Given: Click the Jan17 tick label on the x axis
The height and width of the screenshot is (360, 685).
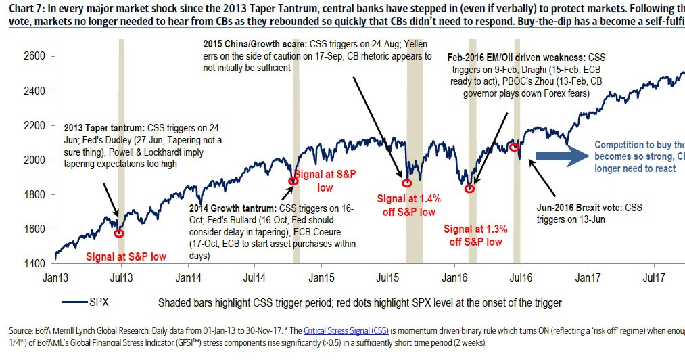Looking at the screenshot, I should (x=587, y=277).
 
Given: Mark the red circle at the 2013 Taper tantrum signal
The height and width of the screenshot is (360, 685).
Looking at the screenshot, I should (x=119, y=233).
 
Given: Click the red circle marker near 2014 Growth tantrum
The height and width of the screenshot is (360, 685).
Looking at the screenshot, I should (x=293, y=181).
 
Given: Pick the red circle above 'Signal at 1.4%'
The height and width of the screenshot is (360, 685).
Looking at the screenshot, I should (x=406, y=183).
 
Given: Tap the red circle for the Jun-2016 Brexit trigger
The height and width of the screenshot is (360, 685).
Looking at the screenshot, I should (x=514, y=147).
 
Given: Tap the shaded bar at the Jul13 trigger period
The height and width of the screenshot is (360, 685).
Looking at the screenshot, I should (x=121, y=149).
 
